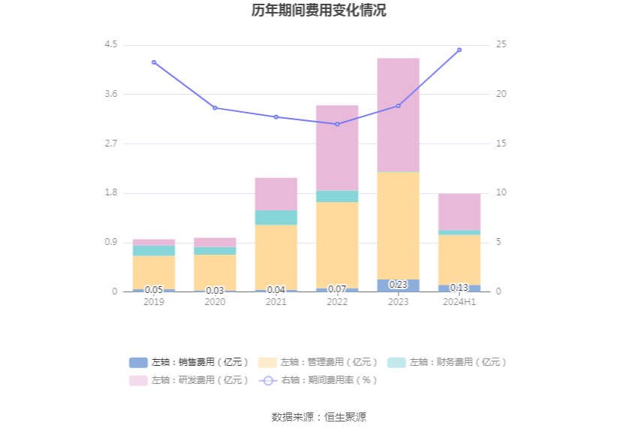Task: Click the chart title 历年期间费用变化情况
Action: coord(319,11)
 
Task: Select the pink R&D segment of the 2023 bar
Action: coord(398,114)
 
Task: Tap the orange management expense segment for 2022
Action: coord(337,245)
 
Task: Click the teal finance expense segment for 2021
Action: coord(276,217)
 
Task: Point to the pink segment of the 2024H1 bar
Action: coord(459,212)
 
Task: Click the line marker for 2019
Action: coord(154,62)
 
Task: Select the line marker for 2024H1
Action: coord(459,50)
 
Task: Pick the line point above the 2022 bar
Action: coord(337,124)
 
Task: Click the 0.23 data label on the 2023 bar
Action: coord(398,285)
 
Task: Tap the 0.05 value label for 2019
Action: coord(154,290)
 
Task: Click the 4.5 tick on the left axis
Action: coord(111,45)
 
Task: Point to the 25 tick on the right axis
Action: coord(501,45)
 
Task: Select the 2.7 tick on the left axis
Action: coord(111,143)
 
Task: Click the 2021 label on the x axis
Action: coord(276,301)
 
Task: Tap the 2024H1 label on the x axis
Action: coord(459,301)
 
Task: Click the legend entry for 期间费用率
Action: coord(319,380)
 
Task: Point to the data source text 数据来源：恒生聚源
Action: coord(319,417)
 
